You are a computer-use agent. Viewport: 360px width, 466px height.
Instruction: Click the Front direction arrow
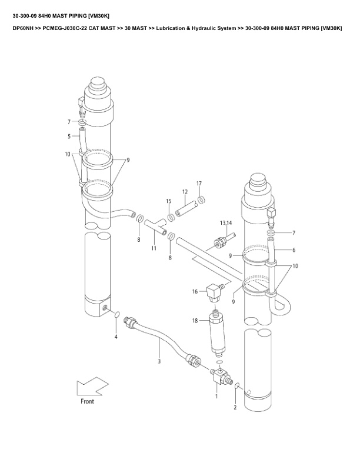click(x=92, y=387)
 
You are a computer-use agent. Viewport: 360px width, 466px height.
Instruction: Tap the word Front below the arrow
click(x=87, y=401)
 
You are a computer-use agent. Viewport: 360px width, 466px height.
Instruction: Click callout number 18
click(x=195, y=321)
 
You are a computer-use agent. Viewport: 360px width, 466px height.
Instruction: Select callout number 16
click(x=195, y=292)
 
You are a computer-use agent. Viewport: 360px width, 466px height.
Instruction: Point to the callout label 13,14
click(x=226, y=223)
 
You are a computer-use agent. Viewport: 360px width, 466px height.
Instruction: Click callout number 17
click(x=199, y=184)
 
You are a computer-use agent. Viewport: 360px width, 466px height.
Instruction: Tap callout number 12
click(x=185, y=192)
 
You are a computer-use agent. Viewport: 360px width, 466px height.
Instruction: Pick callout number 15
click(x=169, y=201)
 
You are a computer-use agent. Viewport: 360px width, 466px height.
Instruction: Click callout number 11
click(x=154, y=248)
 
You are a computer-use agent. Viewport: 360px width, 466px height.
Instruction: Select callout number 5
click(x=69, y=137)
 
